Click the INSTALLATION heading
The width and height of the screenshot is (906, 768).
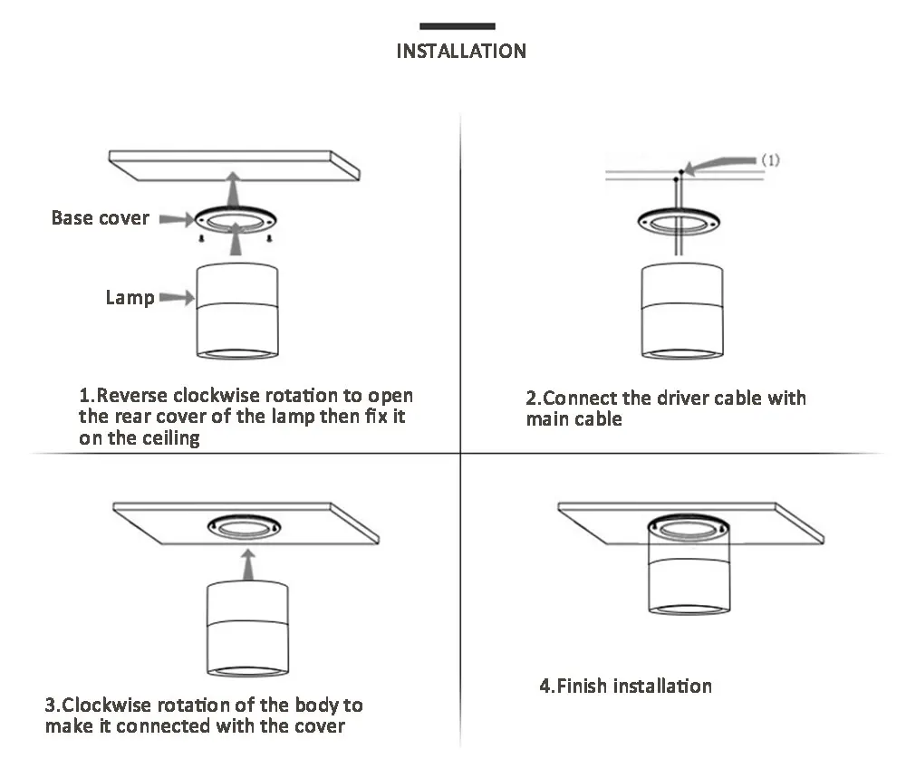coord(461,51)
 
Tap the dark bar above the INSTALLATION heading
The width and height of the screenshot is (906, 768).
coord(457,26)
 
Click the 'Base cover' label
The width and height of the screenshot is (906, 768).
coord(100,217)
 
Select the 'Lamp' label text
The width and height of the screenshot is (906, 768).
coord(130,298)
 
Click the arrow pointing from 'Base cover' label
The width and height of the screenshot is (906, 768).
coord(177,219)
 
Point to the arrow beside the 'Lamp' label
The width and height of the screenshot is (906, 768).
coord(177,297)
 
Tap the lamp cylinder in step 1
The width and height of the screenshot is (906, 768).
coord(236,312)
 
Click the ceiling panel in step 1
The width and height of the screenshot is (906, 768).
coord(234,165)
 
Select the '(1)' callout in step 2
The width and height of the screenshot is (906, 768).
coord(770,159)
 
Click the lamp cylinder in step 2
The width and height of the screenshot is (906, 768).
coord(682,312)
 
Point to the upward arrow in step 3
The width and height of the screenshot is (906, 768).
coord(248,564)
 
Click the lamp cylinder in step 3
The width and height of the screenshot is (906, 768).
coord(247,629)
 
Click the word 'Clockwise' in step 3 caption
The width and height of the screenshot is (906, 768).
coord(108,705)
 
